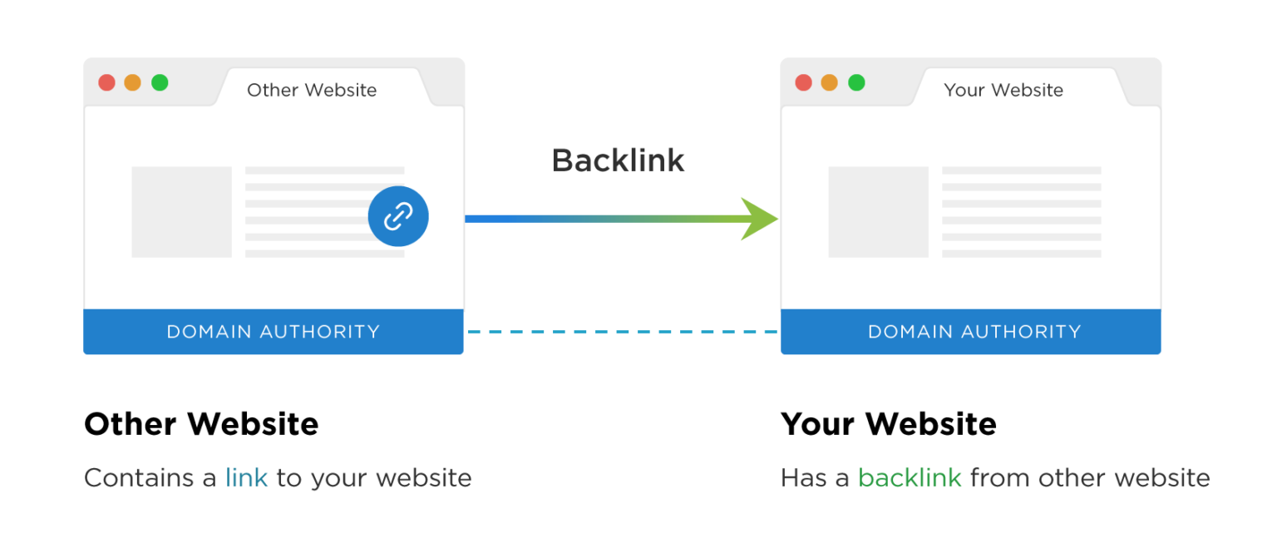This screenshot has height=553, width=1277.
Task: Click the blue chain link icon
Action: point(398,216)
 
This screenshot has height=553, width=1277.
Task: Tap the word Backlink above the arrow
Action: point(618,160)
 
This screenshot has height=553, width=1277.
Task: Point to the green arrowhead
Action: point(759,219)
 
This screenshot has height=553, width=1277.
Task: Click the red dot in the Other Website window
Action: point(106,82)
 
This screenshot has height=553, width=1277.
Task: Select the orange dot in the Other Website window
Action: point(132,82)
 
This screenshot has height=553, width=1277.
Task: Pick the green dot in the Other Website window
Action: point(160,82)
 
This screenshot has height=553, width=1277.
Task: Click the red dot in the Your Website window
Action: point(803,82)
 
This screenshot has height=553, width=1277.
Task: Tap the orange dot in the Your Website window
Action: point(829,82)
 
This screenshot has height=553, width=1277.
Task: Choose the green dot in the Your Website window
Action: point(856,82)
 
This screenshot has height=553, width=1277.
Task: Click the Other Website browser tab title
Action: point(312,90)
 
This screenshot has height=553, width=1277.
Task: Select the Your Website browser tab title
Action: point(1003,90)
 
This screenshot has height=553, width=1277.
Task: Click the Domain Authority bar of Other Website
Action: point(274,332)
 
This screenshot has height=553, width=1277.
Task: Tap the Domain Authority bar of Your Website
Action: point(970,332)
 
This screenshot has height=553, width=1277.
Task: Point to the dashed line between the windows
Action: point(622,332)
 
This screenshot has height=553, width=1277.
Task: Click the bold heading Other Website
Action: point(201,424)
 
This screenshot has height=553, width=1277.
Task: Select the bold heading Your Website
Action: point(888,424)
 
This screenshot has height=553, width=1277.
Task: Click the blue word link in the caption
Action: point(246,478)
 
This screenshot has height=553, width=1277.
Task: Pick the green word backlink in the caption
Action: point(910,478)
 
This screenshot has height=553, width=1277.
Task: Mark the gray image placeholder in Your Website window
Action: point(878,211)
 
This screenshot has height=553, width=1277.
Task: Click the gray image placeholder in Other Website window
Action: point(181,211)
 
